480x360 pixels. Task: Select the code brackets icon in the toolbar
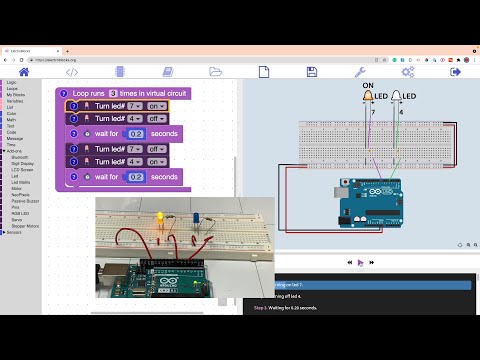[72, 72]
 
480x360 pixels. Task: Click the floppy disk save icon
[312, 72]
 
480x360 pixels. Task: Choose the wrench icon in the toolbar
[360, 72]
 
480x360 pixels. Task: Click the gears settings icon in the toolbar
[408, 72]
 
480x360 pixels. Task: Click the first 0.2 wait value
[137, 133]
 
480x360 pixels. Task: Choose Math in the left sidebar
[11, 122]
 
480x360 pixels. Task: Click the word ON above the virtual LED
[367, 86]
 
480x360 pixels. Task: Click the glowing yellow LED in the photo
[160, 216]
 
